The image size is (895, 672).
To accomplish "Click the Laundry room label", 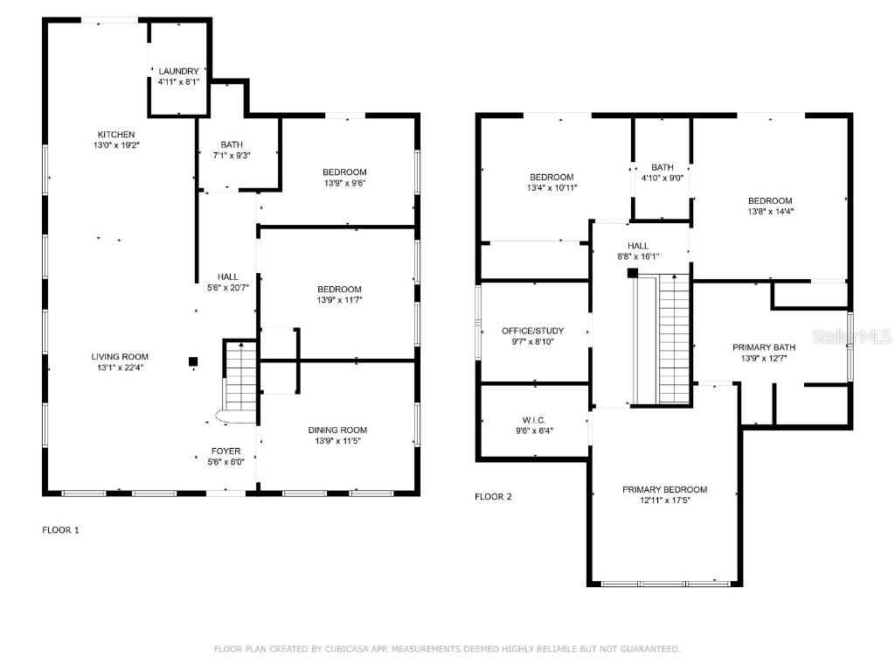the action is point(178,72).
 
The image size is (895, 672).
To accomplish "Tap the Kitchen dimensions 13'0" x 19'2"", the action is point(116,145).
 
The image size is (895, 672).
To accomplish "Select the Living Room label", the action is point(120,357).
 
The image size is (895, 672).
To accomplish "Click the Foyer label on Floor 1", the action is point(226,451).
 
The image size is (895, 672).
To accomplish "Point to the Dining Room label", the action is point(338,430).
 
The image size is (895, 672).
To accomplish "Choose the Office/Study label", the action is point(532,331).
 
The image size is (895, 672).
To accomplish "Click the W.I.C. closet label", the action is point(534,420).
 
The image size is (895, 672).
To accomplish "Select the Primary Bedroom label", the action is point(665,490).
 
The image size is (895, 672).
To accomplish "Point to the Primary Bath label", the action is point(764,347).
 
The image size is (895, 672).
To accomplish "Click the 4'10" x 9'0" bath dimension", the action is point(663,178).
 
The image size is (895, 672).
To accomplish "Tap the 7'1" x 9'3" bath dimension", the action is point(232,156).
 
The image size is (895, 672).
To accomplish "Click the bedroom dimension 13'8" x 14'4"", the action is point(771,212).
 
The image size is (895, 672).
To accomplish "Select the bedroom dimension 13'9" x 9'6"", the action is point(344,183).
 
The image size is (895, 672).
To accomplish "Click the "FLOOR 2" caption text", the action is point(493,497).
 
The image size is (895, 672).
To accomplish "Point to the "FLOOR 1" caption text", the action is point(60,529).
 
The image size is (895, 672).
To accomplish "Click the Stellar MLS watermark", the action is point(851,336).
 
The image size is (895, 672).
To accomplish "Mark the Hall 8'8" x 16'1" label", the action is point(638,251).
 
